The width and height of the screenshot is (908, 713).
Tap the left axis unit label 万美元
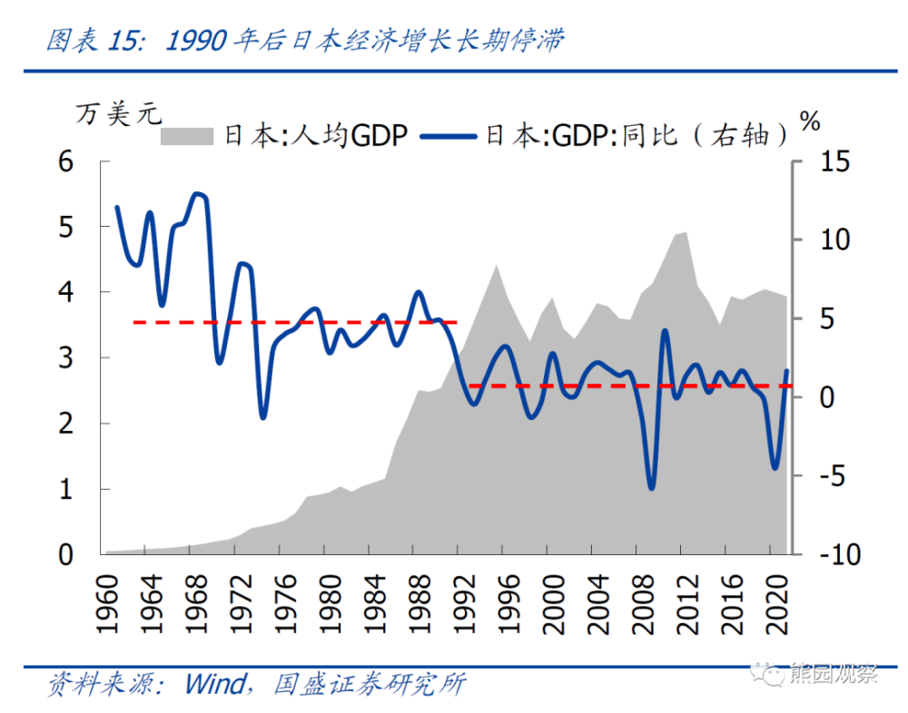[x=119, y=115]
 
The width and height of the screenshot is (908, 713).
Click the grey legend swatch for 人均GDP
[x=187, y=136]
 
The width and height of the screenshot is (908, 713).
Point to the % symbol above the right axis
[x=811, y=119]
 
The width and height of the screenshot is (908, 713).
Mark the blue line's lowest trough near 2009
[x=651, y=488]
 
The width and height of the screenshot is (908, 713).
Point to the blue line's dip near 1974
[x=262, y=417]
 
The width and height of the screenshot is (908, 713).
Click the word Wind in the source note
[x=214, y=683]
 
